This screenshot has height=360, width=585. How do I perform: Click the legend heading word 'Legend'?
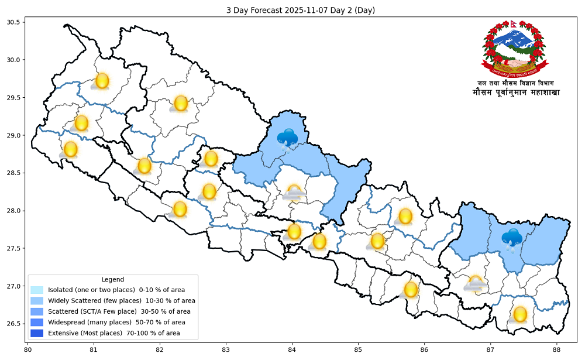[x=112, y=280]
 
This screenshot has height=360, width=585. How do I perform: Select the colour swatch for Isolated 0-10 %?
[x=38, y=290]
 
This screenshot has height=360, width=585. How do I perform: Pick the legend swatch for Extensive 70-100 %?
[x=38, y=333]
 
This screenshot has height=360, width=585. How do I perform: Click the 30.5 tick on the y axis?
[x=13, y=22]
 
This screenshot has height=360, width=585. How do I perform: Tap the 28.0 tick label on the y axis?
[x=13, y=211]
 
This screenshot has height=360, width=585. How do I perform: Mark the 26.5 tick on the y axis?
[x=13, y=324]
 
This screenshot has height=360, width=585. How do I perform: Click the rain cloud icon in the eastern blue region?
[x=512, y=239]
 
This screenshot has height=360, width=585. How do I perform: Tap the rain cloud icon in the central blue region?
[x=287, y=139]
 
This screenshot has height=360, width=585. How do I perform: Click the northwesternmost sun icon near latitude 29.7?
[x=101, y=81]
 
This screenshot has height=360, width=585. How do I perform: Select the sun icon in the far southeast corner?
[x=519, y=315]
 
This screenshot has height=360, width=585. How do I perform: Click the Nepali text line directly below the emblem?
[x=515, y=83]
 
